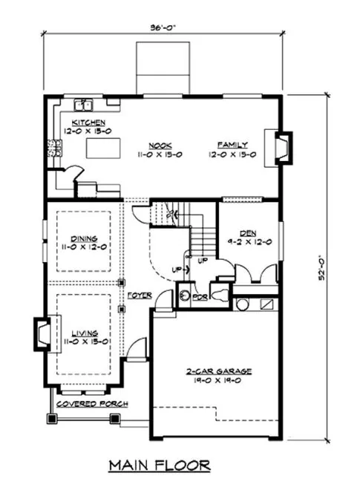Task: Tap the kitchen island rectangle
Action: [x=105, y=148]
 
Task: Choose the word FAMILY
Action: [x=232, y=146]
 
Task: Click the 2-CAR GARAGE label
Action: [x=220, y=369]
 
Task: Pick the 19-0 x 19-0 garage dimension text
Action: [x=220, y=379]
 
